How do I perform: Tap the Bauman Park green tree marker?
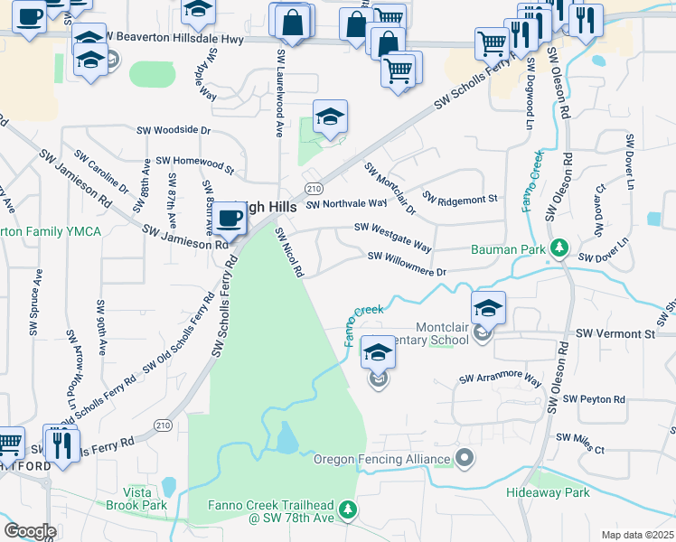coord(559,247)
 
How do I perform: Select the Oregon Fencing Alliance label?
coord(381,459)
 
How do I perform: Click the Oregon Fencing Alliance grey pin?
coord(465,459)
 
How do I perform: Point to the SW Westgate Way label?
coord(392,237)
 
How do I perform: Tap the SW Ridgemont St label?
coord(460,199)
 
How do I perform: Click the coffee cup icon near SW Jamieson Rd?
coord(230,219)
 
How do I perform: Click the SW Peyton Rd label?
coord(594,398)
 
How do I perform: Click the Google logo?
coord(30,531)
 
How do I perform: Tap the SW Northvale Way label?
coord(346,204)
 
